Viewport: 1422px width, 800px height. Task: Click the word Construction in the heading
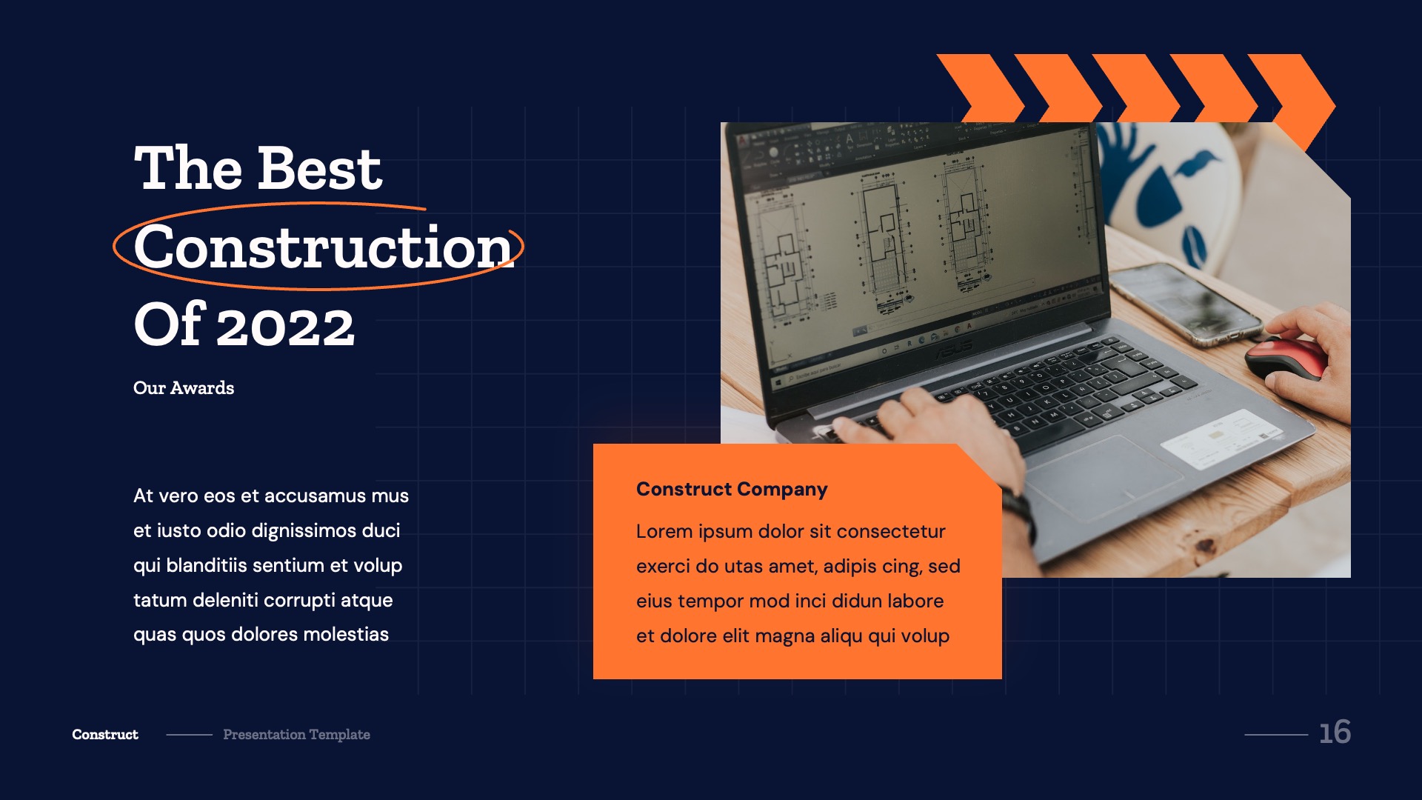coord(323,248)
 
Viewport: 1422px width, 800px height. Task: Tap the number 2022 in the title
coord(286,327)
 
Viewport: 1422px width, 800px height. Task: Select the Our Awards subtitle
coord(184,388)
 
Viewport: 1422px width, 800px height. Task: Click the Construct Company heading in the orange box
coord(731,489)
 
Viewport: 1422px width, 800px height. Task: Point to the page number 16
coord(1335,733)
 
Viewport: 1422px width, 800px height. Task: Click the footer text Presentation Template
coord(296,735)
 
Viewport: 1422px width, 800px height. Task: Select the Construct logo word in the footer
coord(105,735)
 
